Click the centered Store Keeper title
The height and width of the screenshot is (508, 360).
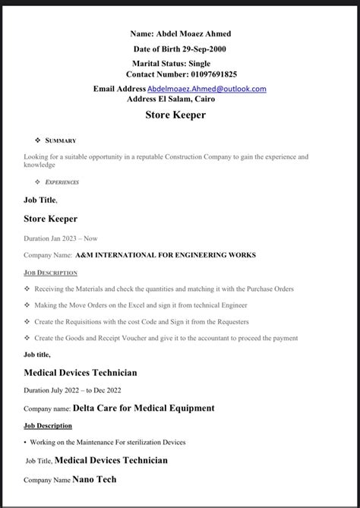[175, 115]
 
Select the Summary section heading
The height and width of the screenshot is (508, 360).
[61, 140]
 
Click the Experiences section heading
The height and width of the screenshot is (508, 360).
[62, 182]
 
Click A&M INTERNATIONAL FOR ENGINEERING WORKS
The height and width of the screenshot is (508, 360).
[166, 255]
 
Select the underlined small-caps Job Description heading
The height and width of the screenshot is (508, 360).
[51, 273]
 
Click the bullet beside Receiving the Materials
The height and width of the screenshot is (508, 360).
[27, 289]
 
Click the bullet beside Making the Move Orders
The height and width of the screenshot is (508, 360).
[27, 305]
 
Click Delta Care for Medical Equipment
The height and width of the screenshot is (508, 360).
[144, 409]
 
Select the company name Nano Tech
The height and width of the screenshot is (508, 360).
[95, 480]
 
